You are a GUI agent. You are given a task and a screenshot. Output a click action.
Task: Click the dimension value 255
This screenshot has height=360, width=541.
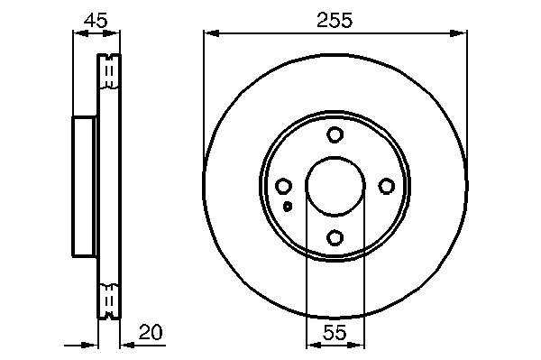(x=335, y=20)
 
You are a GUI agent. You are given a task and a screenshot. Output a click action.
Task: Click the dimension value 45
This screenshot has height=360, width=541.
(x=96, y=21)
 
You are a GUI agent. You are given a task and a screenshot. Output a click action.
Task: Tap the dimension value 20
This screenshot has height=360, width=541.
(x=151, y=332)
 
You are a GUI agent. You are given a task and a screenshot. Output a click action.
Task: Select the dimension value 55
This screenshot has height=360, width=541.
(x=335, y=332)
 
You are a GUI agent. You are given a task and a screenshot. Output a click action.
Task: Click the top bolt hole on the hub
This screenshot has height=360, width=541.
(x=335, y=134)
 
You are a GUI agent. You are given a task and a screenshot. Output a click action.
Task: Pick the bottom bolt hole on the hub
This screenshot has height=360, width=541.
(x=335, y=237)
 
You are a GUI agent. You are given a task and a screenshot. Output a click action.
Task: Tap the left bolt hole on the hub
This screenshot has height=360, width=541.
(x=283, y=187)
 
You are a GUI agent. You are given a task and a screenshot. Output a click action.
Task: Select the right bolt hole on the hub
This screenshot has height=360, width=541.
(x=387, y=187)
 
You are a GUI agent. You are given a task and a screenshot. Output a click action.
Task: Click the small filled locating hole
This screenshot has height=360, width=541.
(x=288, y=207)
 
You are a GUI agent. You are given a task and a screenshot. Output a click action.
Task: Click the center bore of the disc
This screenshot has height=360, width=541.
(x=335, y=187)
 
